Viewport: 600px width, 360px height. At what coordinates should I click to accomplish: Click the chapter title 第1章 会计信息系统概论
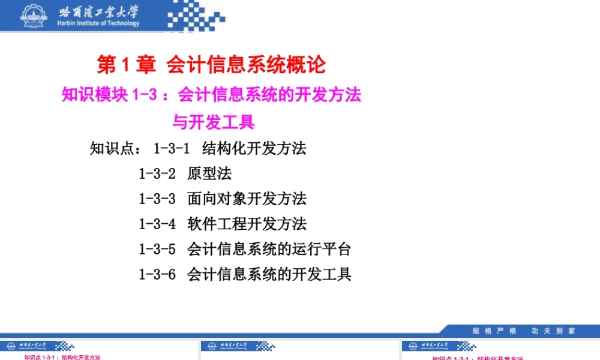(x=211, y=64)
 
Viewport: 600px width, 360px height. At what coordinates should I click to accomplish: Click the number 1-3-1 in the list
(x=172, y=148)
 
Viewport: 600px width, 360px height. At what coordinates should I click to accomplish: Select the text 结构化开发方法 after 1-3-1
(x=254, y=148)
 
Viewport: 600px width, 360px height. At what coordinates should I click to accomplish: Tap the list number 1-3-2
(x=157, y=174)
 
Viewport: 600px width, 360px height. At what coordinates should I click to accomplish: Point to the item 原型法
(x=209, y=174)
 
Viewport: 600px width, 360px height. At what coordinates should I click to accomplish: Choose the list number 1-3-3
(x=157, y=199)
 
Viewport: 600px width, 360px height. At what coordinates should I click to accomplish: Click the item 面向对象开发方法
(x=247, y=199)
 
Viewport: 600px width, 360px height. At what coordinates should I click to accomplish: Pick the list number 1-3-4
(x=157, y=224)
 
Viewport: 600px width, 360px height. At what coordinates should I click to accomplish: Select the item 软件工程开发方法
(x=247, y=224)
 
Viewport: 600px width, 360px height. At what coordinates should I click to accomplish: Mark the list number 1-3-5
(x=157, y=249)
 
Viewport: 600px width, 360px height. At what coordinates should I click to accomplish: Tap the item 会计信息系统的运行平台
(x=269, y=249)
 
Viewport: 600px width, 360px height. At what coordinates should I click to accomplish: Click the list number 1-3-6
(x=157, y=275)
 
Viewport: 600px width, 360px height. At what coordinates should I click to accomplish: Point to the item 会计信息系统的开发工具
(x=269, y=275)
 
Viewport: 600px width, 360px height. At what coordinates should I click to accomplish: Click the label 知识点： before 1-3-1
(x=116, y=148)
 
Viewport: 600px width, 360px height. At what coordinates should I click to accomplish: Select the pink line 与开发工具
(x=214, y=122)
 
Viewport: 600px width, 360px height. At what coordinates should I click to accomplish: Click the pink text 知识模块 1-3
(x=108, y=95)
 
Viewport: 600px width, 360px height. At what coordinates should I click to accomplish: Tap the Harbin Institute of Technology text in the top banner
(x=98, y=23)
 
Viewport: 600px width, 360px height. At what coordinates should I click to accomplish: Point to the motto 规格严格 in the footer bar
(x=494, y=331)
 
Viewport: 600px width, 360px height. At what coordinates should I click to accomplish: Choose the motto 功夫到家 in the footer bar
(x=553, y=331)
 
